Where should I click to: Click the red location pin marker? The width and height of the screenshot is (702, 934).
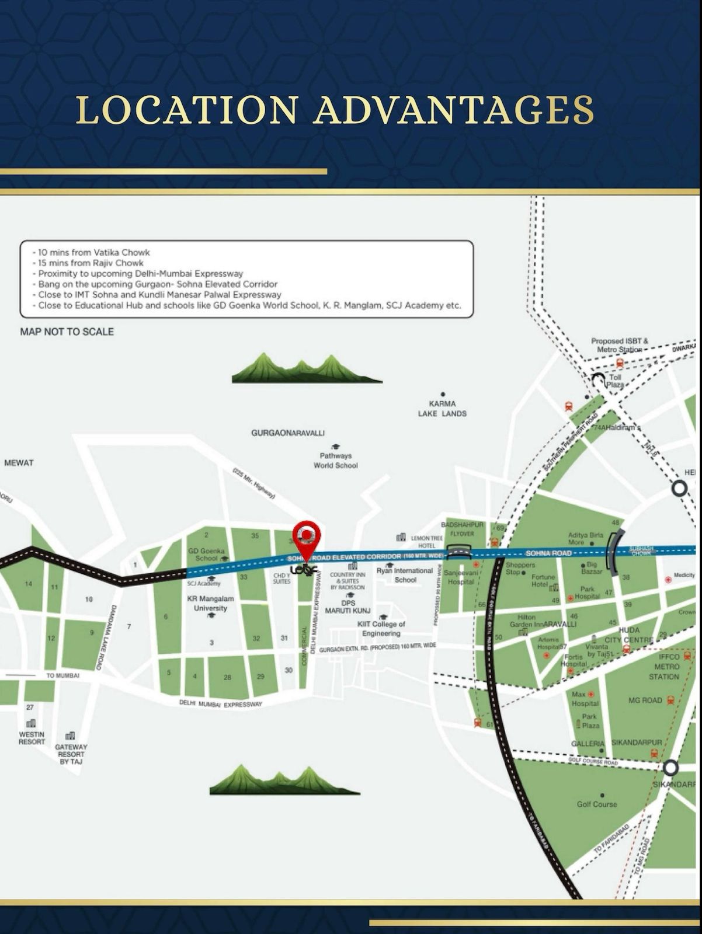pos(307,535)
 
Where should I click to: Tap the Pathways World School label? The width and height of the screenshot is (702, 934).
pos(335,461)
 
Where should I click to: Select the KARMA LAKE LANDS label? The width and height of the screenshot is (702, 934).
pos(442,409)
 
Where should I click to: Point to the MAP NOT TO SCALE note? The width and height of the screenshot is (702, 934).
pos(67,332)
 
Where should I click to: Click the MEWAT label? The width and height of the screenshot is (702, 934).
pos(19,463)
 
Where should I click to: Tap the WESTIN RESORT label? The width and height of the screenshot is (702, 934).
pos(32,738)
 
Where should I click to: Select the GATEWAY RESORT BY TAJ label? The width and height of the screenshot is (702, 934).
pos(71,754)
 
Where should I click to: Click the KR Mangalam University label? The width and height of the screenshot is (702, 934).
pos(210,604)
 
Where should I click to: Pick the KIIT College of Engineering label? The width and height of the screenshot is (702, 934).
pos(381,629)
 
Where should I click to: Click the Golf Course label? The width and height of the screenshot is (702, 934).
pos(597,804)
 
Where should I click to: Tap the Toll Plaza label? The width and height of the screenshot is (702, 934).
pos(615,381)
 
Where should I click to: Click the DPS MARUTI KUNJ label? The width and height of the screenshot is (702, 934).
pos(348,607)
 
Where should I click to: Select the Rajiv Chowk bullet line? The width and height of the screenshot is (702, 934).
pos(91,263)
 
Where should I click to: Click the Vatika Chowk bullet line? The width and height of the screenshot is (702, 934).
pos(94,252)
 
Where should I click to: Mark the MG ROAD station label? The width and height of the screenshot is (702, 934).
pos(645,700)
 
